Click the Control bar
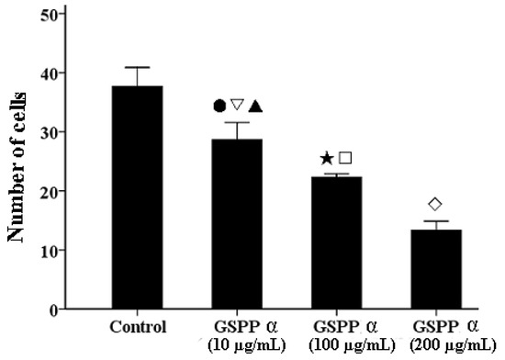tap(137, 197)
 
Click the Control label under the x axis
tap(137, 327)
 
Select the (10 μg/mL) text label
tap(236, 343)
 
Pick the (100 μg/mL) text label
tap(341, 343)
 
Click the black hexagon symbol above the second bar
tap(219, 105)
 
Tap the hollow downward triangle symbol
tap(237, 105)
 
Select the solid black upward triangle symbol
tap(255, 106)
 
